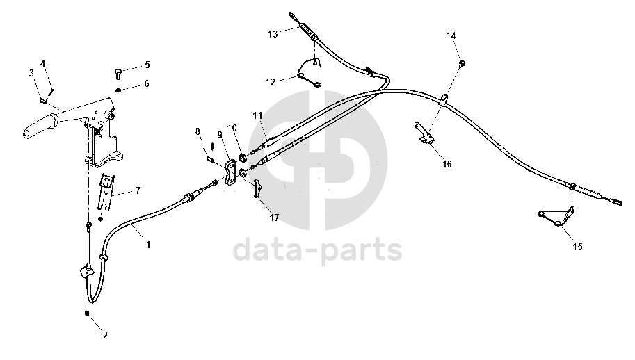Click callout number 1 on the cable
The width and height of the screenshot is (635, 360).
[x=147, y=244]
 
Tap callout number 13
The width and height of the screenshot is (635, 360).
[x=273, y=33]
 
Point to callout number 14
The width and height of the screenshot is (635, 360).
[x=451, y=35]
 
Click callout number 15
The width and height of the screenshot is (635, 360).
[x=578, y=246]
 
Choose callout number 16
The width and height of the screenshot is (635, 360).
[x=447, y=164]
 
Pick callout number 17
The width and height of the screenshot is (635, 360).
[x=274, y=218]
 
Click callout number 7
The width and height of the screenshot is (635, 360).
[x=138, y=190]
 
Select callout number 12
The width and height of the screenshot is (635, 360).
[x=271, y=81]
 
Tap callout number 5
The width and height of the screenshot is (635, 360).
[x=147, y=65]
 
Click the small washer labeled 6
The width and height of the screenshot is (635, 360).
[x=120, y=90]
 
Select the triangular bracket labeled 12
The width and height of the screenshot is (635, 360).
[x=311, y=75]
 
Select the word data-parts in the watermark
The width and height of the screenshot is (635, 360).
[x=317, y=249]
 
